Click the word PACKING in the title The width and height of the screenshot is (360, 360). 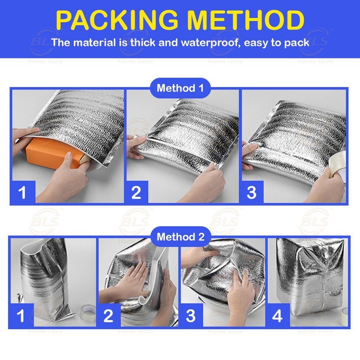[117, 20]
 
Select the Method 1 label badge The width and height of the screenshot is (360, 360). [180, 88]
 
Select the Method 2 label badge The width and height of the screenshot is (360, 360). [180, 237]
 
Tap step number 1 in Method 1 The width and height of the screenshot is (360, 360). [22, 192]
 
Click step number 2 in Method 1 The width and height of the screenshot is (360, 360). [136, 192]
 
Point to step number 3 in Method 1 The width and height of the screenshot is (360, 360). [251, 192]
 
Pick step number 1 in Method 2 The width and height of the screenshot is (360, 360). [21, 316]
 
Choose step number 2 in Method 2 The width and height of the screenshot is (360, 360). [108, 316]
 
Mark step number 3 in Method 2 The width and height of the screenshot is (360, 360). [191, 316]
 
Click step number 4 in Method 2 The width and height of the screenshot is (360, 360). [277, 316]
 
